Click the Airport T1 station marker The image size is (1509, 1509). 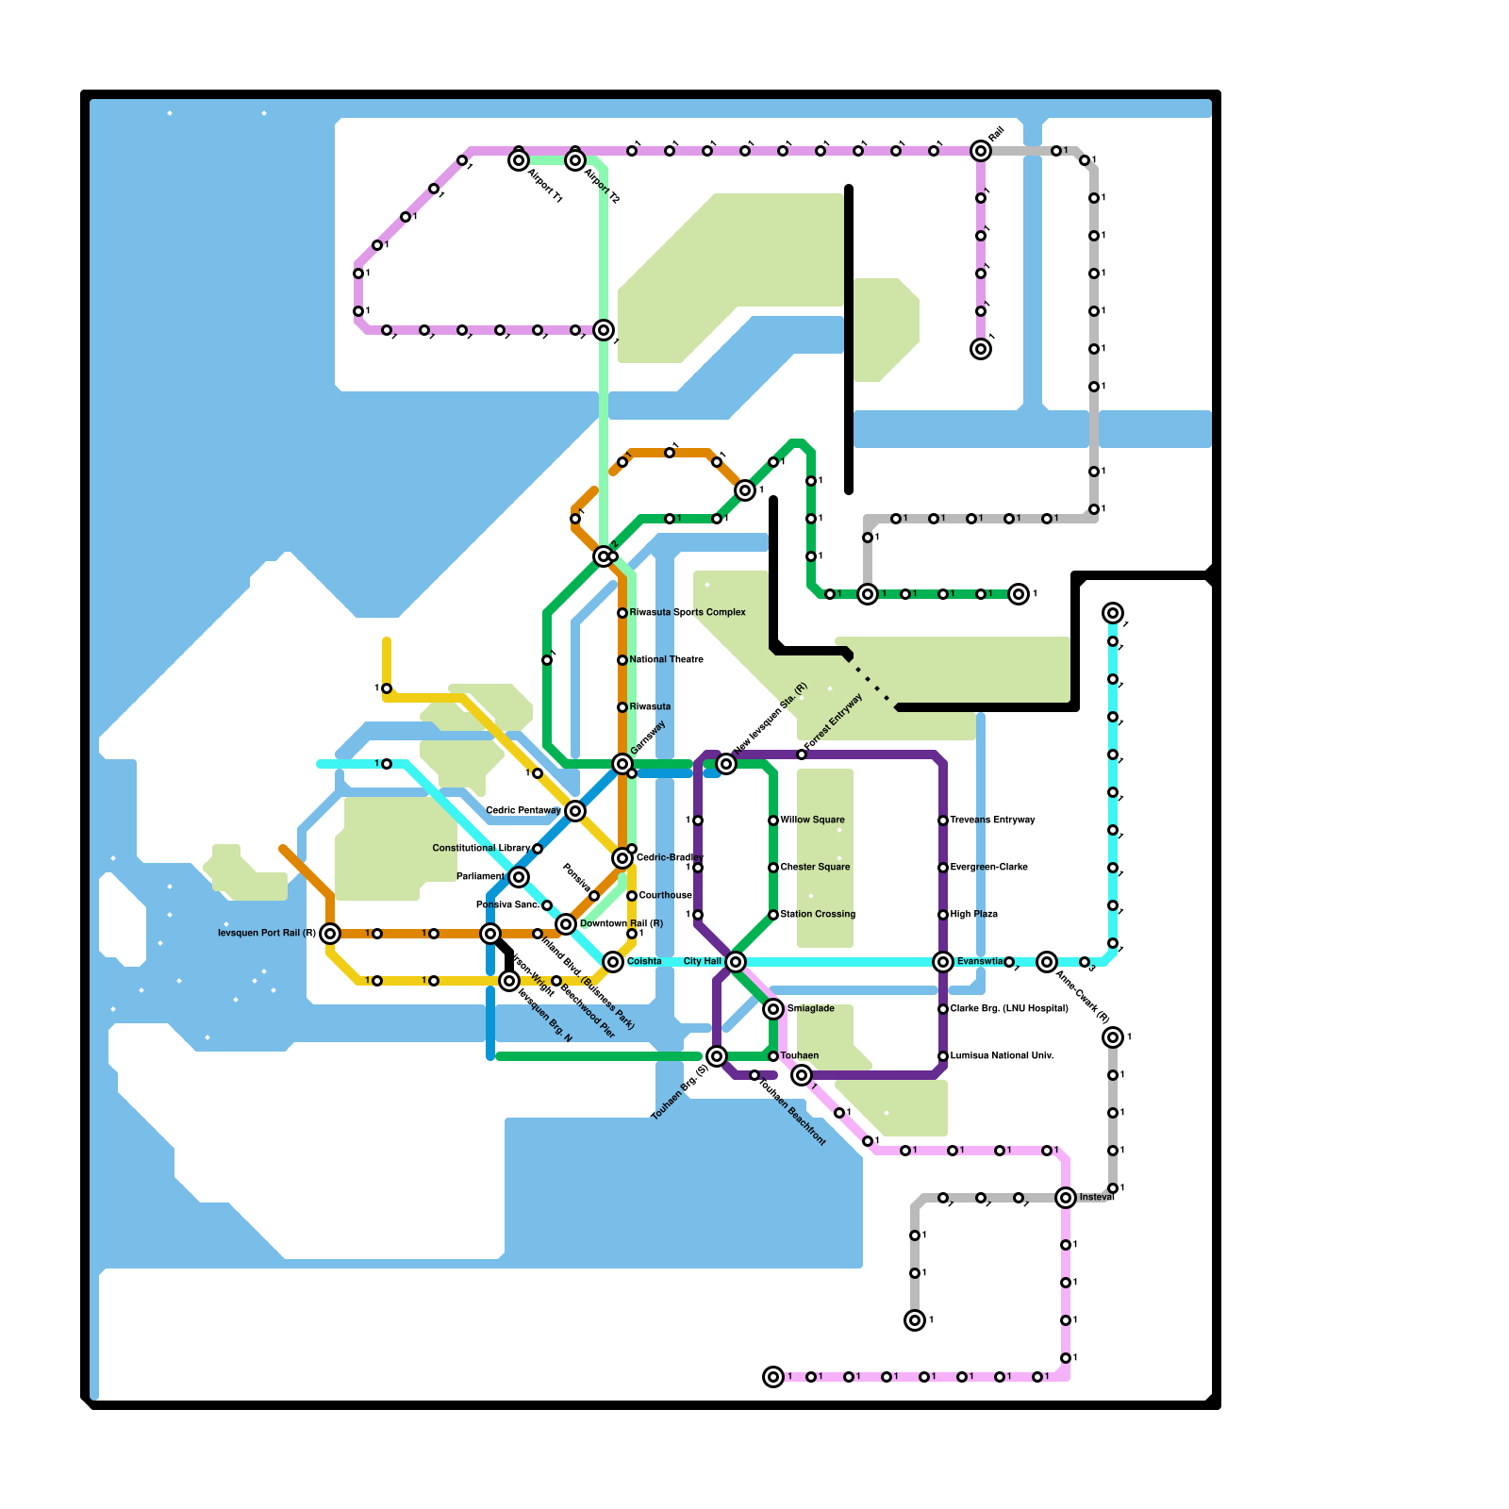[519, 160]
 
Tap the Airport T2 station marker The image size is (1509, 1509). [575, 160]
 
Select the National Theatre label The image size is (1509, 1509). [667, 659]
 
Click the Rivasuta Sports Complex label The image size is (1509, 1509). [688, 612]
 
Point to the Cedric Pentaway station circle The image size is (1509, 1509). [575, 811]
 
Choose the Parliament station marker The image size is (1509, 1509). [519, 877]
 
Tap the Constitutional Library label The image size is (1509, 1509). [481, 848]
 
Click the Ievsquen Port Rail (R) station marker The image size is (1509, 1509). [330, 934]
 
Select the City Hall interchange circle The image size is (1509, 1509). [736, 962]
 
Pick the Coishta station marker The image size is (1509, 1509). [613, 962]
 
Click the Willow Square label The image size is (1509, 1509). [813, 820]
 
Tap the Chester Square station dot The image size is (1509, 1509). [773, 868]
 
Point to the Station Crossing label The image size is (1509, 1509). [819, 914]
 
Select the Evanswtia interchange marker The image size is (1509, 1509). [943, 962]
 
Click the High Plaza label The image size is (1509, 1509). [974, 914]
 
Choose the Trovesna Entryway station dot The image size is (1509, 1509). [943, 821]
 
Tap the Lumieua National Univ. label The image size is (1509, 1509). [1002, 1055]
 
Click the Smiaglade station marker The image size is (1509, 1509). [773, 1009]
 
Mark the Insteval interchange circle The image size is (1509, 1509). [1066, 1198]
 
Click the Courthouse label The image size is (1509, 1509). [666, 895]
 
